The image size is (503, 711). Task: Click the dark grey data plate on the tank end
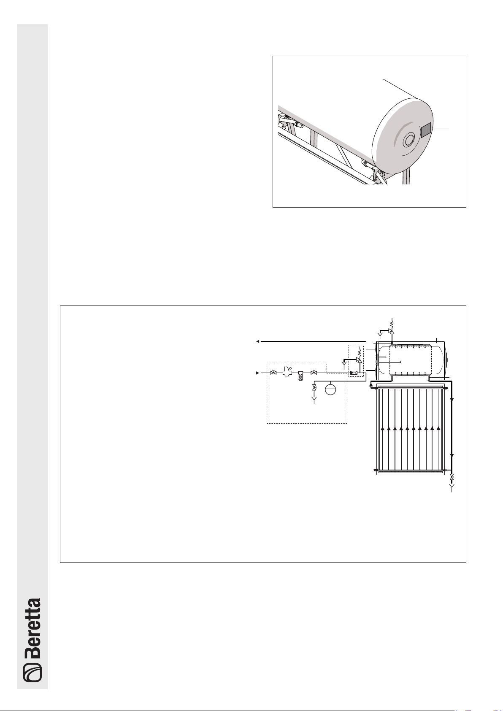pos(426,130)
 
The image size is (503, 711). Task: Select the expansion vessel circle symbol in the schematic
pos(330,389)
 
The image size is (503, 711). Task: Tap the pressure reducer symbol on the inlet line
pos(287,372)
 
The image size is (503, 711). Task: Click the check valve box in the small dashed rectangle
pos(354,373)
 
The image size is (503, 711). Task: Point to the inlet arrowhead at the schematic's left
pos(257,373)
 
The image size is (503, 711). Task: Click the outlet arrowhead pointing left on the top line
pos(258,341)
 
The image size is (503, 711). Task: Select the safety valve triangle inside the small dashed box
pos(359,360)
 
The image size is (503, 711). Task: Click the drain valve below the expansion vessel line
pos(314,387)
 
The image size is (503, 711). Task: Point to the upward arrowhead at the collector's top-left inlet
pos(371,385)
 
